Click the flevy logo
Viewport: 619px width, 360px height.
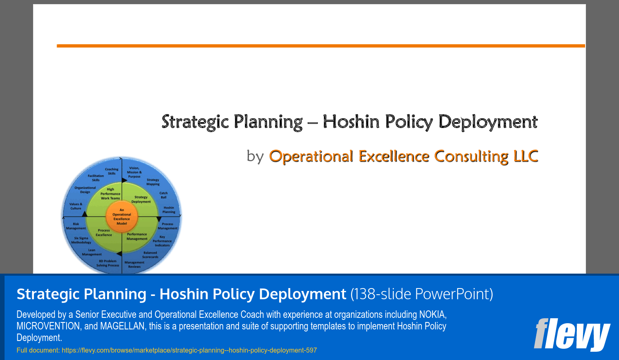572,335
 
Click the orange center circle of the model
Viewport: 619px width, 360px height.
122,217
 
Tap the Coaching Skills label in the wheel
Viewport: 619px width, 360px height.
112,171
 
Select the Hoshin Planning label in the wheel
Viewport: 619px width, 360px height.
169,210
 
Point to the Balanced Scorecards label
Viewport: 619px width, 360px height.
151,255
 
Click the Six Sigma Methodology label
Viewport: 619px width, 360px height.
81,241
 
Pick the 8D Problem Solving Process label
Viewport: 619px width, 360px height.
108,263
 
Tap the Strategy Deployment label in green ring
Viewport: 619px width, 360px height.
141,199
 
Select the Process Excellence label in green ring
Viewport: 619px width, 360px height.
104,233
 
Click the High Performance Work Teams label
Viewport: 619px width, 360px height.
110,194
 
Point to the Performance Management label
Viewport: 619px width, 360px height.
137,236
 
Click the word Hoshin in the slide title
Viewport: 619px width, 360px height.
351,122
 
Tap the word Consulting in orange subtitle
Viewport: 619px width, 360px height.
471,157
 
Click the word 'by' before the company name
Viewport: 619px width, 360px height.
255,157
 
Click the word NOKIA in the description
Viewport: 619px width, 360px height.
433,315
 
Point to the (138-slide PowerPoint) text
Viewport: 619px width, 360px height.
422,294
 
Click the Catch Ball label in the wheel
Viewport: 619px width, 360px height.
164,195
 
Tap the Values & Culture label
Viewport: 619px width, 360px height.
76,206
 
